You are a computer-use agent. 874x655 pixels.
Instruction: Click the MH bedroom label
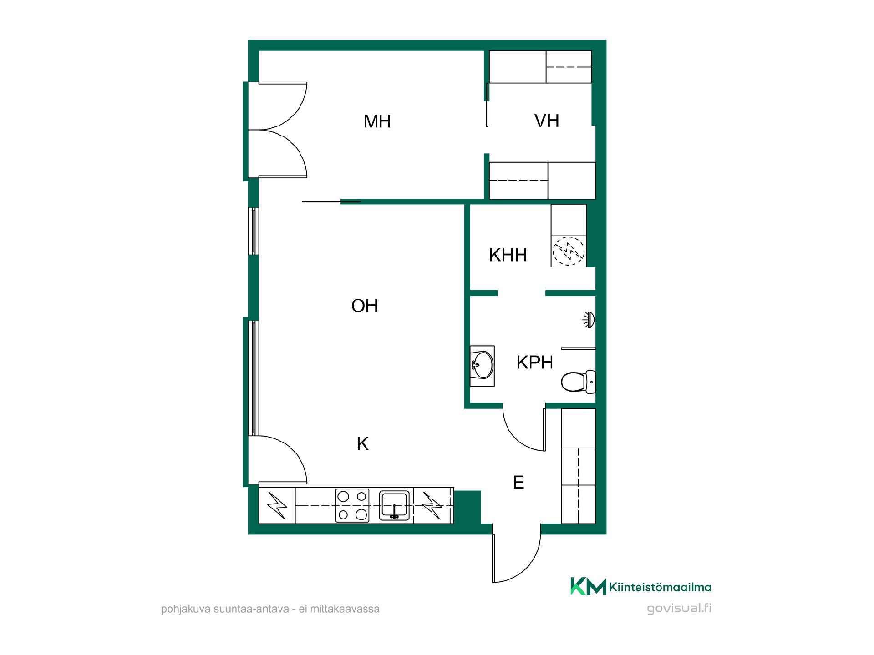(377, 121)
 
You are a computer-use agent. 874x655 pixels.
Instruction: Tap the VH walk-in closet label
(547, 121)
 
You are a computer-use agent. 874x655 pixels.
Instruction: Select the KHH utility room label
(508, 255)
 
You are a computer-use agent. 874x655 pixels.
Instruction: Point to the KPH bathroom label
(535, 363)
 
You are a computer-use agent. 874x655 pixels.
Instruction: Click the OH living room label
(365, 306)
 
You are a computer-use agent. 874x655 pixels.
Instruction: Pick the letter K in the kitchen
(362, 443)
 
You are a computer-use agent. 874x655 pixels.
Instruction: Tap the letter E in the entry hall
(518, 482)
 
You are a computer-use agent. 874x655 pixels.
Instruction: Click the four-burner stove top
(352, 505)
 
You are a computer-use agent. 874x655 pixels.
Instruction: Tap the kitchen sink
(396, 505)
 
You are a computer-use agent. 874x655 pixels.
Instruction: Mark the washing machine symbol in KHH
(569, 250)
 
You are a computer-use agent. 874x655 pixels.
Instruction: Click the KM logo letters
(588, 586)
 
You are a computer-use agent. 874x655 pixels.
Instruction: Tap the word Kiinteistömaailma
(660, 587)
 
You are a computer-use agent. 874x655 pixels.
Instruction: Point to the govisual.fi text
(679, 609)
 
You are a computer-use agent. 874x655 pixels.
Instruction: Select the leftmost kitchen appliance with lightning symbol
(277, 505)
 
